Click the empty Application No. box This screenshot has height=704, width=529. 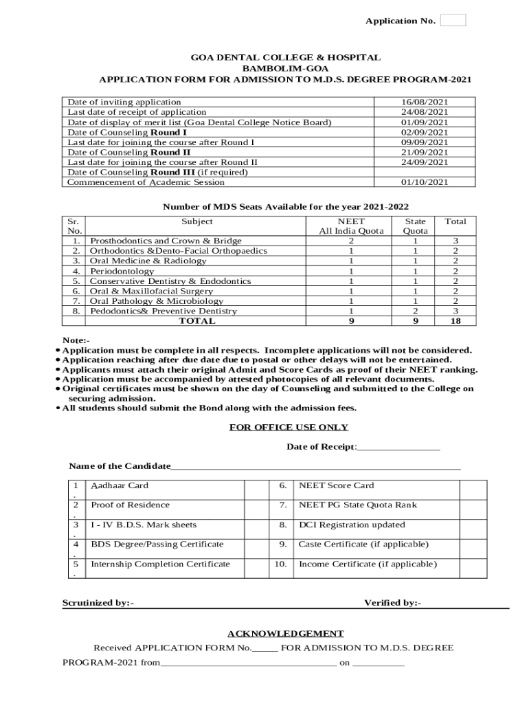[453, 21]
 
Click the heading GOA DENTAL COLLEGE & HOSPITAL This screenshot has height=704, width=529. [285, 58]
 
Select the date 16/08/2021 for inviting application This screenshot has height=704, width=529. [425, 102]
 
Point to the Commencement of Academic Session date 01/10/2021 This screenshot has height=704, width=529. [425, 182]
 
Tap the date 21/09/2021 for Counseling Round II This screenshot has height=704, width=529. [425, 152]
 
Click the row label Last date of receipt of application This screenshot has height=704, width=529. [137, 112]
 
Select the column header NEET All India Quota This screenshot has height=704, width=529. [351, 226]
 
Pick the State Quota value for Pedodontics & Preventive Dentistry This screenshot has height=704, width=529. [415, 311]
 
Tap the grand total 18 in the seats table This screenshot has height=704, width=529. [455, 321]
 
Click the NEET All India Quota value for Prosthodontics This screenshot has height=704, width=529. [351, 241]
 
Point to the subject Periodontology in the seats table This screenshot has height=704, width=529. [122, 272]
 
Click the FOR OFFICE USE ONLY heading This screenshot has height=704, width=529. [289, 428]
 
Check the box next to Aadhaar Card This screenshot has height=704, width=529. [256, 489]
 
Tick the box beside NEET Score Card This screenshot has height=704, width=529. [473, 489]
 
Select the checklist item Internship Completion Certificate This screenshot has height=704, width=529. [160, 564]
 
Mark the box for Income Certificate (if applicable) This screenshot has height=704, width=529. [473, 569]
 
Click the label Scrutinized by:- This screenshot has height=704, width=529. [98, 603]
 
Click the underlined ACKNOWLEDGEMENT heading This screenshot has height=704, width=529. [285, 634]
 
